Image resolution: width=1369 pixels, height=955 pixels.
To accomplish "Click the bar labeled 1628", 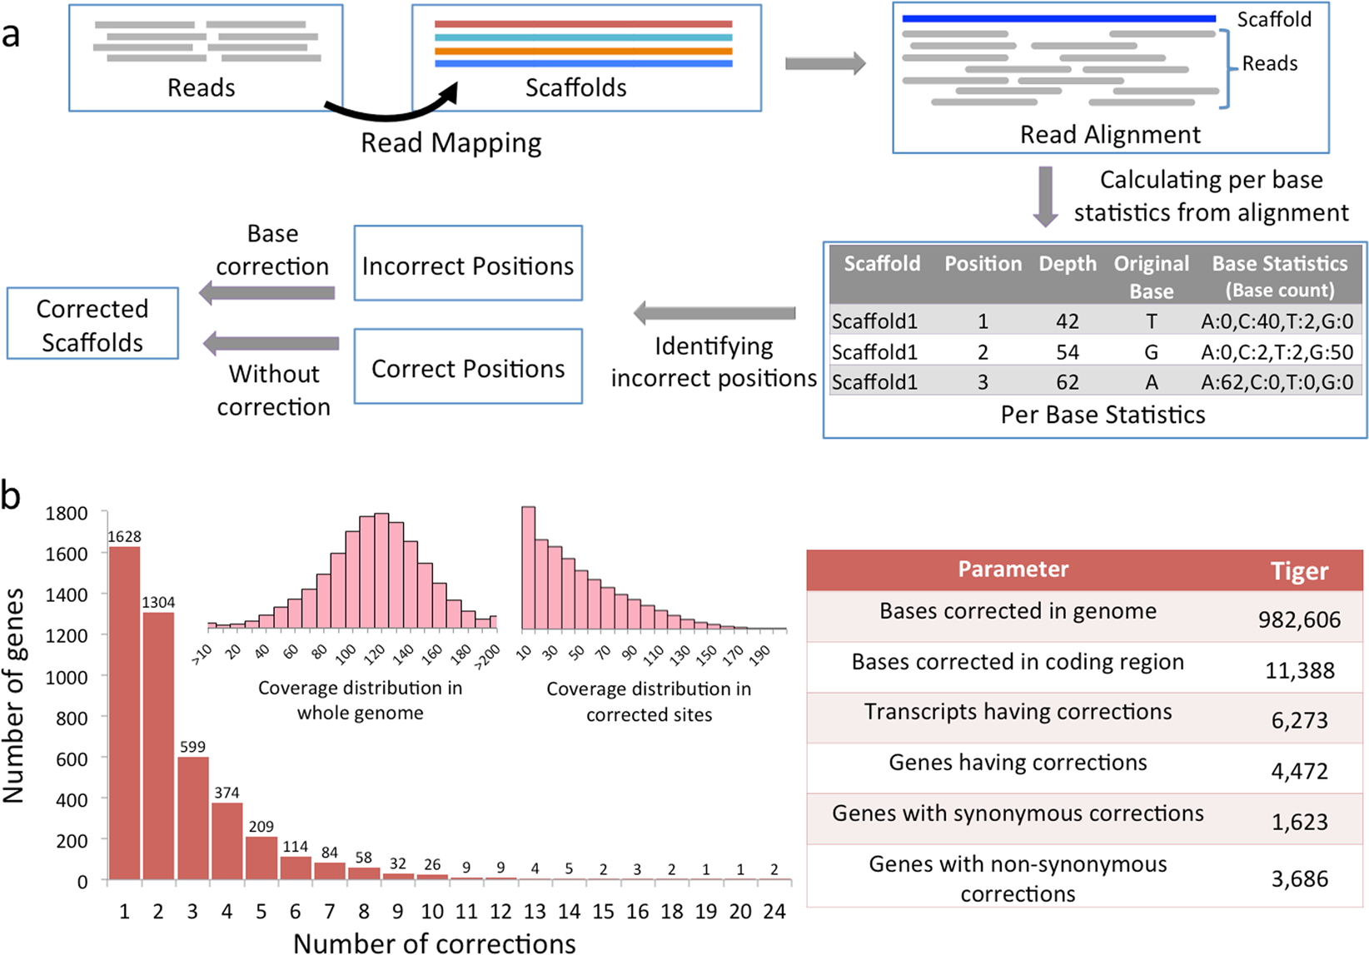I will [x=124, y=713].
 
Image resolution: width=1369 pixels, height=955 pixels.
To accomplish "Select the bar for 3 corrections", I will [x=192, y=818].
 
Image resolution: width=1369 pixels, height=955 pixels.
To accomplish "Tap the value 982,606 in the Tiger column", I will [x=1299, y=619].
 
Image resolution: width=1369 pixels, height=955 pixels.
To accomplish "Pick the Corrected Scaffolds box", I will [x=92, y=324].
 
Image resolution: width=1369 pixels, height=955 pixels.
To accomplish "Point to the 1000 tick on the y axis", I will [x=66, y=677].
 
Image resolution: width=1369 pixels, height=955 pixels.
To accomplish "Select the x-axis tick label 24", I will [x=774, y=912].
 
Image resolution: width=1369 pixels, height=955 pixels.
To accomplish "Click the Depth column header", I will [x=1067, y=264].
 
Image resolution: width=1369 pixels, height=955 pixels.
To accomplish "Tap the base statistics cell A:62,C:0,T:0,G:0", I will [x=1277, y=382].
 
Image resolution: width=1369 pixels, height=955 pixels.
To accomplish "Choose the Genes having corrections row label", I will [x=1018, y=763].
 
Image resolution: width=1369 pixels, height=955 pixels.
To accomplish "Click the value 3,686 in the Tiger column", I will [x=1299, y=878].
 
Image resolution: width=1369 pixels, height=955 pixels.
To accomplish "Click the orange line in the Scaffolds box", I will [x=583, y=51].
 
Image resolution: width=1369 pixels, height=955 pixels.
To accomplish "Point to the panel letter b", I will [x=11, y=496].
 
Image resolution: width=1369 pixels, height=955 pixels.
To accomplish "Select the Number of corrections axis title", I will [x=434, y=943].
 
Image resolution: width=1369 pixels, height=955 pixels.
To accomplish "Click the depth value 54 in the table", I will [x=1067, y=352].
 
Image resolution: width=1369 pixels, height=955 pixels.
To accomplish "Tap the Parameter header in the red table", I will [x=1013, y=570].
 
